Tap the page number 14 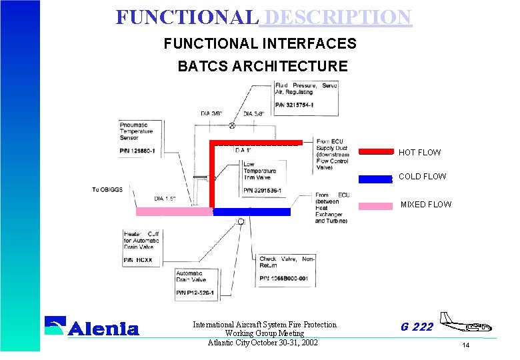(465, 345)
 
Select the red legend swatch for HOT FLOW (376, 151)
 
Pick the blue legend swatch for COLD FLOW (375, 178)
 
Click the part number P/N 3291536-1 (263, 190)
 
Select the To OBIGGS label (106, 190)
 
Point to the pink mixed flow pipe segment (173, 211)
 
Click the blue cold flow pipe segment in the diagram (251, 211)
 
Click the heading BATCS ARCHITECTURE (262, 66)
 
